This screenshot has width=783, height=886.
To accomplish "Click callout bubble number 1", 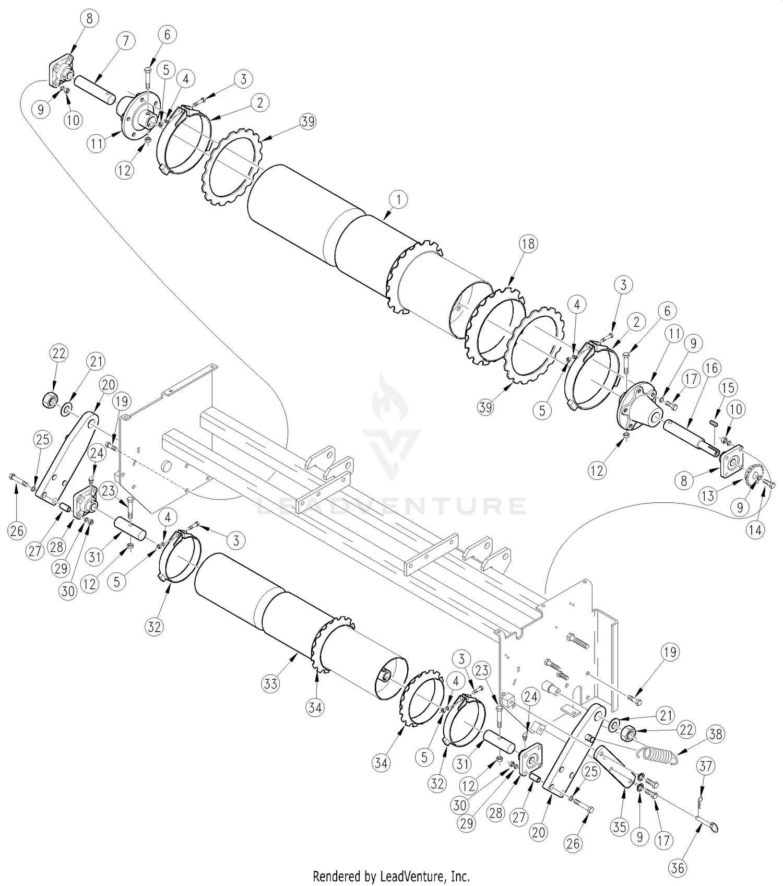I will (398, 199).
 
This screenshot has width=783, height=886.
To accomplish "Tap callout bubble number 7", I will (126, 41).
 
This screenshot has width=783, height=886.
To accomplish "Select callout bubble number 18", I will (528, 244).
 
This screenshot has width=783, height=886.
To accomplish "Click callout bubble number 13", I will (707, 495).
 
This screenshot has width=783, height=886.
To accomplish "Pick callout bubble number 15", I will (728, 388).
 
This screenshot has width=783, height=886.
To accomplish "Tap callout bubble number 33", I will (271, 683).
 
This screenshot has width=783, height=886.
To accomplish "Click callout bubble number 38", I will (716, 735).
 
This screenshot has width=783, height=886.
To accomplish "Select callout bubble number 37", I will (706, 766).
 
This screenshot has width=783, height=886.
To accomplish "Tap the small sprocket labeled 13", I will (752, 475).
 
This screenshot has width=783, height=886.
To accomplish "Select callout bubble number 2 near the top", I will (259, 103).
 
